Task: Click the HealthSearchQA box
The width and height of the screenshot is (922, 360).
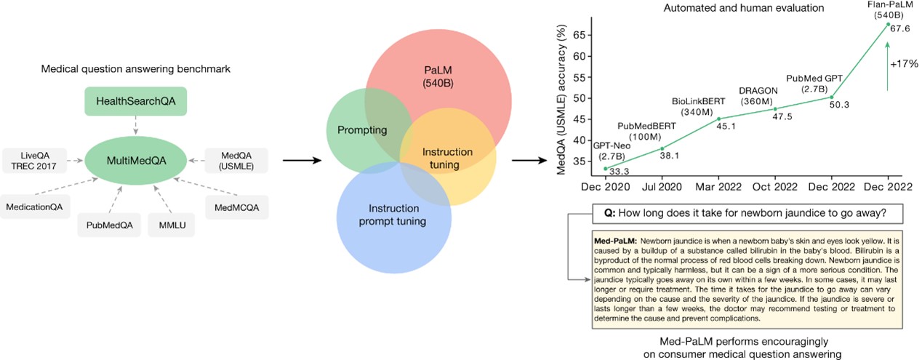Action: (135, 101)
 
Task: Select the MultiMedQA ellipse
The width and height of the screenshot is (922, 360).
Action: (136, 160)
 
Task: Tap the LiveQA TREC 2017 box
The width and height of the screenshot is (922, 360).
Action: (35, 161)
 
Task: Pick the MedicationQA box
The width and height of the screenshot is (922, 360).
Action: (35, 207)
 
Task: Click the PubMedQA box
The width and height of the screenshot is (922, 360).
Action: (110, 225)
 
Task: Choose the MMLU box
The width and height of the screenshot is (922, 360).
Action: (172, 225)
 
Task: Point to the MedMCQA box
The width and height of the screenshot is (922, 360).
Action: (236, 207)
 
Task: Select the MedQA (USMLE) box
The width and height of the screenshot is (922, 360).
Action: (236, 161)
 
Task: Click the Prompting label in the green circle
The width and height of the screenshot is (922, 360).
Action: (362, 130)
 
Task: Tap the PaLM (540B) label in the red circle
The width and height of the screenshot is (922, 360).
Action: (438, 76)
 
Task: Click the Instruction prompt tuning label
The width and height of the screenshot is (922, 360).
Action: (393, 215)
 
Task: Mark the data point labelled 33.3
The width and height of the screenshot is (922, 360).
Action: (606, 169)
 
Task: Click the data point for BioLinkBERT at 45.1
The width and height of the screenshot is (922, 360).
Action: (718, 119)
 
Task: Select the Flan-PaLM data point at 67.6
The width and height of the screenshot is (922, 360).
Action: (889, 24)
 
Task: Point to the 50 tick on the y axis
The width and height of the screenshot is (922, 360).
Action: (579, 98)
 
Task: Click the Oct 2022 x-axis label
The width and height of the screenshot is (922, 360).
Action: (774, 187)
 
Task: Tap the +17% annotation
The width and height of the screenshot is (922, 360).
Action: (904, 64)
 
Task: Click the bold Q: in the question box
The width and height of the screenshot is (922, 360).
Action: (609, 213)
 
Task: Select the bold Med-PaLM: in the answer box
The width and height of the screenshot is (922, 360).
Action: (615, 241)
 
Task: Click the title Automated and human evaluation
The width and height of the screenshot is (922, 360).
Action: (744, 7)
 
